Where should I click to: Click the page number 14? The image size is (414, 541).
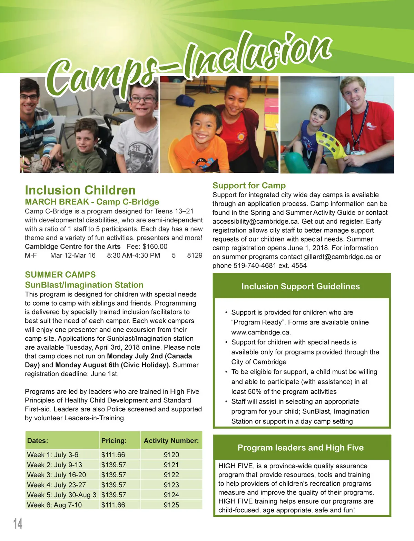click(18, 523)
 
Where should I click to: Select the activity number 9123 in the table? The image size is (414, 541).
click(171, 485)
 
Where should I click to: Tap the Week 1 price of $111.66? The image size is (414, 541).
click(113, 455)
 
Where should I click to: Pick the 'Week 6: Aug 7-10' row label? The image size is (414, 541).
click(55, 505)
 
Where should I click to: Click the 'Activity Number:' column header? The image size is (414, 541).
click(171, 441)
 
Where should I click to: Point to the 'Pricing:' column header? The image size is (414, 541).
click(114, 441)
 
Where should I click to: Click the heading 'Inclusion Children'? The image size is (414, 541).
click(80, 190)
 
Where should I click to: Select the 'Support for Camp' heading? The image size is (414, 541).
click(249, 186)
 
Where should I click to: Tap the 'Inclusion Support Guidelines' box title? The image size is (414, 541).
click(300, 286)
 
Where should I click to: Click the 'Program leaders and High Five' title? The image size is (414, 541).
click(300, 448)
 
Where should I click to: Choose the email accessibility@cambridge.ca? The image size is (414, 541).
click(255, 221)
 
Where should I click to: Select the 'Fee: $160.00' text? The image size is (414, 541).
click(147, 247)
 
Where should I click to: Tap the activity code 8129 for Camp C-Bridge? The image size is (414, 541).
click(195, 256)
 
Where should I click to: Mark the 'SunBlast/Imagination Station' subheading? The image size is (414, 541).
click(84, 285)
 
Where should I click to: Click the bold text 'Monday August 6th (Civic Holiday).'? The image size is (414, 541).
click(113, 365)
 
